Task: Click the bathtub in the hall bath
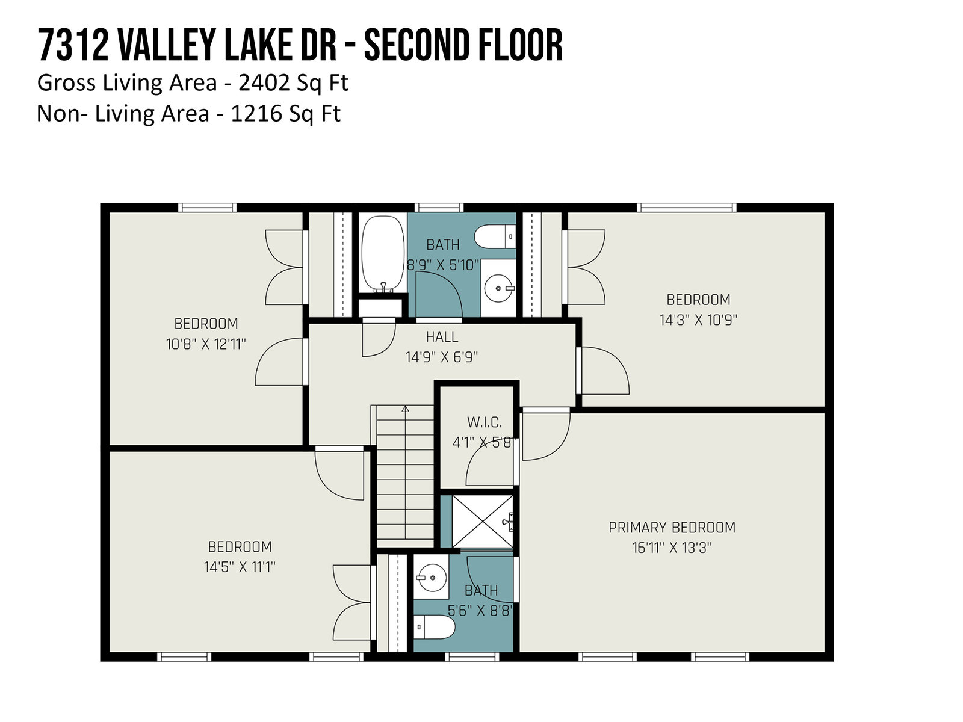[383, 253]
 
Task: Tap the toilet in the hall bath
[495, 236]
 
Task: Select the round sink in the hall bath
[499, 288]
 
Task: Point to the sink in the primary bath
[432, 578]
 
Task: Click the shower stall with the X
[482, 521]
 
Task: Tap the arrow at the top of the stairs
[406, 409]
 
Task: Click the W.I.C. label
[485, 422]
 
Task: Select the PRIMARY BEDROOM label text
[672, 527]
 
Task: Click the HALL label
[442, 337]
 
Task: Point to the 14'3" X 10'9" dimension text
[698, 319]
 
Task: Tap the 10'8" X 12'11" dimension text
[206, 344]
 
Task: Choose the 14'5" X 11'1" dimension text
[240, 567]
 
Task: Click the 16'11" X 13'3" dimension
[672, 548]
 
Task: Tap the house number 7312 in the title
[73, 45]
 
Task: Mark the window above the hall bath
[439, 208]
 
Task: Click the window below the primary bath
[472, 656]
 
